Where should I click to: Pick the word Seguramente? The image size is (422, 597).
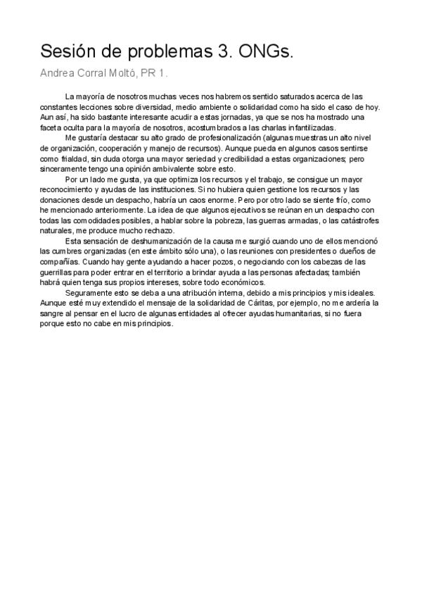point(88,292)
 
